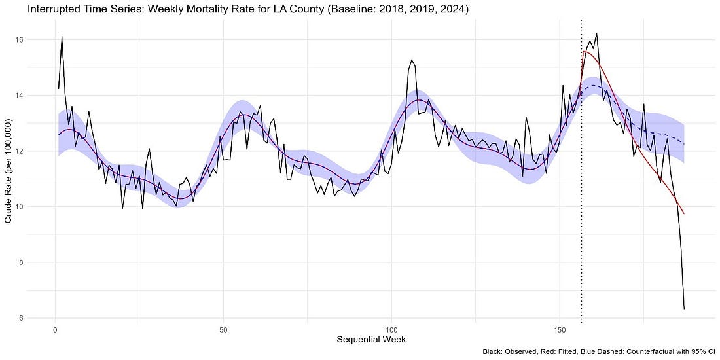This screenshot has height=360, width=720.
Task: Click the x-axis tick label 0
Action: tap(55, 327)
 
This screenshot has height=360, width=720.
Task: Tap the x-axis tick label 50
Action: tap(223, 327)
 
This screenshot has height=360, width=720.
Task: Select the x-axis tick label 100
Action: tap(391, 327)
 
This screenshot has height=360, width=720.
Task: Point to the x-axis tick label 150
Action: tap(560, 327)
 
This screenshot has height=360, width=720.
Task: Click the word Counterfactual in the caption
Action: tap(654, 352)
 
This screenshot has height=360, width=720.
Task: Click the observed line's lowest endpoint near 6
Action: tap(684, 309)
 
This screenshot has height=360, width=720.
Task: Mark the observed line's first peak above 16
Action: tap(62, 37)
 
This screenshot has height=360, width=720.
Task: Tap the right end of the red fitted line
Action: tap(684, 213)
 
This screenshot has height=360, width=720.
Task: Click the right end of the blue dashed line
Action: tap(684, 143)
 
